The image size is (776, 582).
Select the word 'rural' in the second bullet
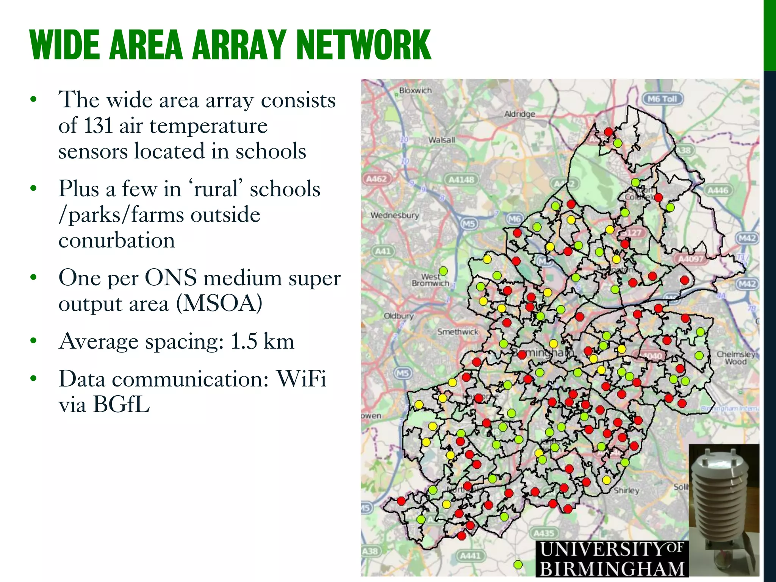click(x=218, y=189)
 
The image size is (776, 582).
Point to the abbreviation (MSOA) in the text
click(x=219, y=304)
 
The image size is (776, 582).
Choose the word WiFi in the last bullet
click(x=301, y=379)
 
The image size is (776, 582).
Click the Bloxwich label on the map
click(x=415, y=91)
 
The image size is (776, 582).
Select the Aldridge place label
click(x=519, y=114)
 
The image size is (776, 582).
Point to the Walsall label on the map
click(x=441, y=140)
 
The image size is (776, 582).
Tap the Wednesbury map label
click(x=394, y=215)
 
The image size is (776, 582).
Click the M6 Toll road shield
click(x=662, y=99)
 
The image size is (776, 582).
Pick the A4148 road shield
click(x=461, y=179)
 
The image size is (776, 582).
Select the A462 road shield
click(x=376, y=178)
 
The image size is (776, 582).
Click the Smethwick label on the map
click(x=458, y=332)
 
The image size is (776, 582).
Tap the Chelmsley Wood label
click(x=735, y=358)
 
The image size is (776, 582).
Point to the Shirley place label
click(x=626, y=490)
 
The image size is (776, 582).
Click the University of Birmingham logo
click(x=612, y=559)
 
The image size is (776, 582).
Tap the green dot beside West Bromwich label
click(x=443, y=271)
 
